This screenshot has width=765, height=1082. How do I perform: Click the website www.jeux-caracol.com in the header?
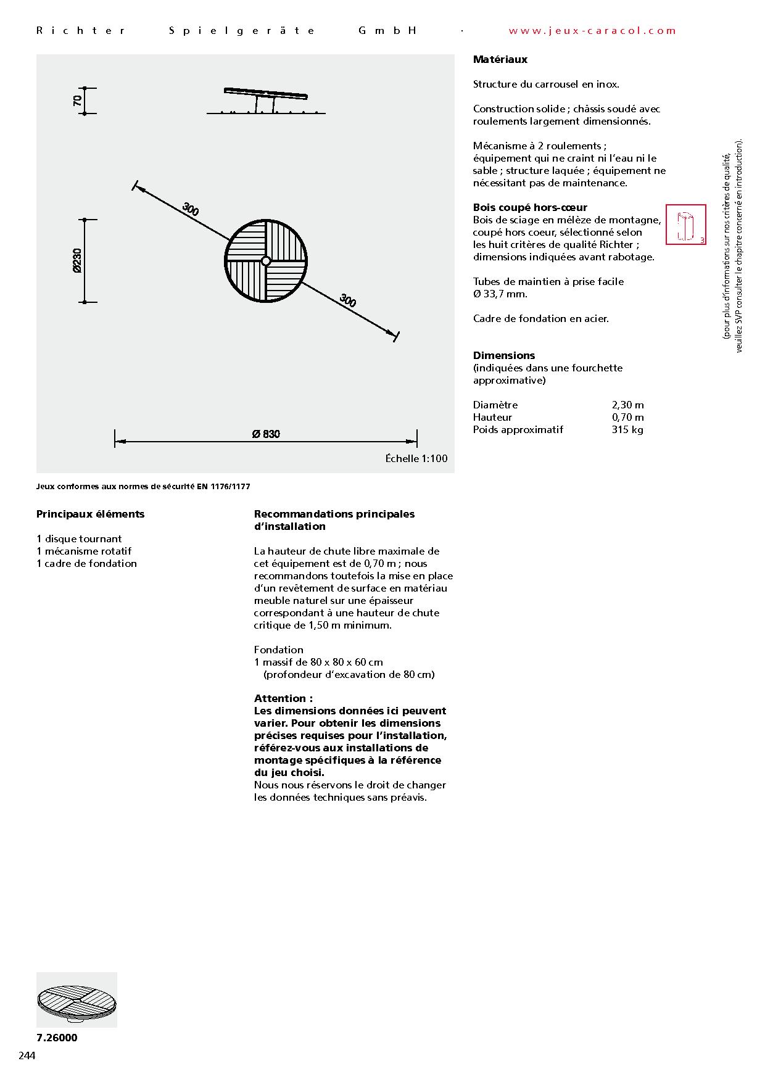click(x=592, y=30)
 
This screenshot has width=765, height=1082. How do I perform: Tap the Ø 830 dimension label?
click(x=266, y=434)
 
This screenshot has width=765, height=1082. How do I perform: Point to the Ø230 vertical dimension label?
click(x=76, y=260)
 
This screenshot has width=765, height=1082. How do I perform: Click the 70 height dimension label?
click(x=77, y=101)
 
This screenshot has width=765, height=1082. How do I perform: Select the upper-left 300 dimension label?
click(x=191, y=210)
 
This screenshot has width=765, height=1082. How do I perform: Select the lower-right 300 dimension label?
click(x=348, y=300)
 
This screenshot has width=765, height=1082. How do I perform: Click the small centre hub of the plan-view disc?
click(x=266, y=261)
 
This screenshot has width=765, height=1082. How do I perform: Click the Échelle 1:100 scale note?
click(x=416, y=458)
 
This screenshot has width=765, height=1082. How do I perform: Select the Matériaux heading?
click(x=500, y=59)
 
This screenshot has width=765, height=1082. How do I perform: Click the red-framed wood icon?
click(x=685, y=225)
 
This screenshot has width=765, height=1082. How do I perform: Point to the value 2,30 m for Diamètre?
click(x=627, y=405)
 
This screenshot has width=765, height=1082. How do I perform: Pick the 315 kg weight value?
click(x=627, y=429)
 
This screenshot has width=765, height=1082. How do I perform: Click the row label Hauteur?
click(x=492, y=417)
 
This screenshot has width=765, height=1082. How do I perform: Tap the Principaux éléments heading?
click(x=90, y=514)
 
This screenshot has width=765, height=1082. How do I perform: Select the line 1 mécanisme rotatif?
click(x=84, y=551)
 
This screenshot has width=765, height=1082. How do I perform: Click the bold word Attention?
click(x=283, y=698)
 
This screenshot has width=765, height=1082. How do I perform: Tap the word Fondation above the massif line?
click(x=279, y=650)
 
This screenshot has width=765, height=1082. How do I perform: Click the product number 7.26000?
click(x=57, y=1038)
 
